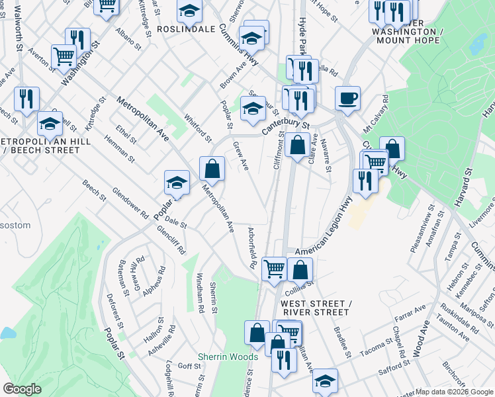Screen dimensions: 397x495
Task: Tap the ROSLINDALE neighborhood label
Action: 187,29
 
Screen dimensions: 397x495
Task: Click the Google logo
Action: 22,388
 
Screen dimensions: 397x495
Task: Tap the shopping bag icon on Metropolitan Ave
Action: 212,170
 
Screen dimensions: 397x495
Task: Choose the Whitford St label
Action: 198,127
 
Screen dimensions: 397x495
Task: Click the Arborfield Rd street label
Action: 251,248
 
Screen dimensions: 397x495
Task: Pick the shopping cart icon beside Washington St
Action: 63,57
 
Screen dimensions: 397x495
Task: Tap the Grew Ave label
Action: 240,155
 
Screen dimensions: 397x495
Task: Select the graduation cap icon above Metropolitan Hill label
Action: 50,124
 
